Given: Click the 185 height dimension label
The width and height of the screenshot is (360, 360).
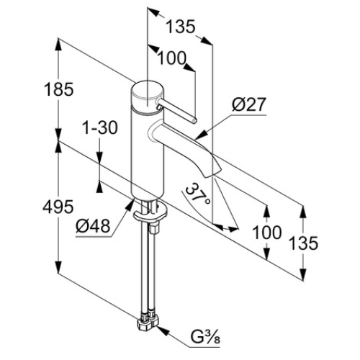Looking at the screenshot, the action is coord(59,89).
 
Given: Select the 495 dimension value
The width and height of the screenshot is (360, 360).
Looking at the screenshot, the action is coord(58,207).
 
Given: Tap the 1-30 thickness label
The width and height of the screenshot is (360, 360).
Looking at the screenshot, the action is coord(100,127).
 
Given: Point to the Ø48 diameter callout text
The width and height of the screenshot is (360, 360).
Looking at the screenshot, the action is coord(93,226).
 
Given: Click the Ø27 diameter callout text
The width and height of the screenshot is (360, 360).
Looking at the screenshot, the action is coord(249,104).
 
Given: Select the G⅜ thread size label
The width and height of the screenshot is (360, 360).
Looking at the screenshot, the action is coord(205,337).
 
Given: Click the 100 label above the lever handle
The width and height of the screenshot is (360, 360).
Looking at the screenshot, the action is coord(172,58).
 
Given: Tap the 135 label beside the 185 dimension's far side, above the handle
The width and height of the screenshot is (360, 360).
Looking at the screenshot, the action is coord(181,27).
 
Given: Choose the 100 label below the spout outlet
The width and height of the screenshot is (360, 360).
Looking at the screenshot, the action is coord(267,233).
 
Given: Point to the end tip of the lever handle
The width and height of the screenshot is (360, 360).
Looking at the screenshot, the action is coord(194,120).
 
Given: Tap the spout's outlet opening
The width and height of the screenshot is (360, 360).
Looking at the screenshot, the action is coord(212,174).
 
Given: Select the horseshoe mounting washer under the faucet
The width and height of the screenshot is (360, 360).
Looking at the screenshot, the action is coord(150,213).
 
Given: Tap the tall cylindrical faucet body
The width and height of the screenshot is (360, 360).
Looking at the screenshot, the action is coord(148,153).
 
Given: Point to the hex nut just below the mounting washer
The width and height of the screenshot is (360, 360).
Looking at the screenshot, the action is coord(153,228).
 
